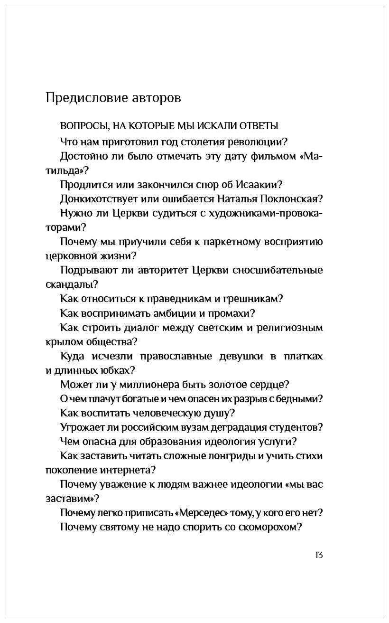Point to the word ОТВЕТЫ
pos(260,126)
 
